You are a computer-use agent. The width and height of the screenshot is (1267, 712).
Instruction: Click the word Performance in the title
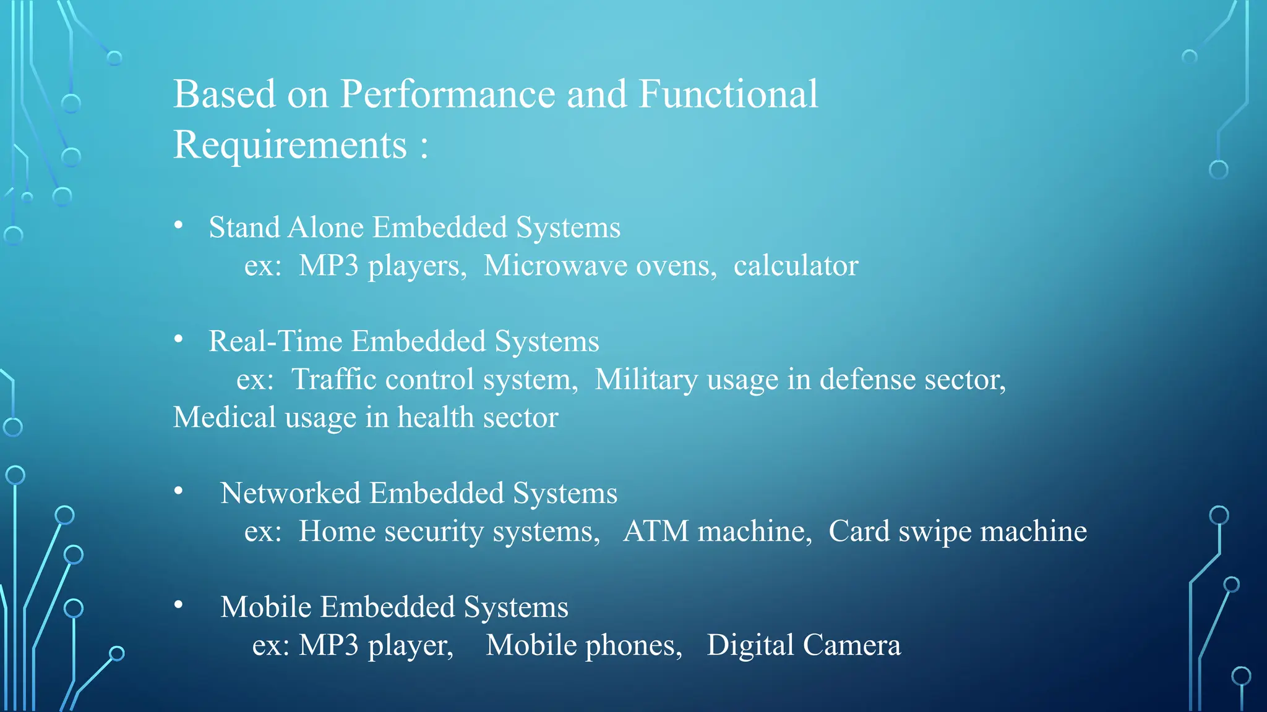[x=447, y=95]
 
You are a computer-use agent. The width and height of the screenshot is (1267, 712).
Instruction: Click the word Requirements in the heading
[x=290, y=145]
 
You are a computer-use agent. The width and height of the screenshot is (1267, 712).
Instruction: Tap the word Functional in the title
[x=728, y=95]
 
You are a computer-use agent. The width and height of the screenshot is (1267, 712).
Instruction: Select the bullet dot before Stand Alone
[x=179, y=226]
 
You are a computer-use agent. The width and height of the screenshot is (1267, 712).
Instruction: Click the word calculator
[x=796, y=266]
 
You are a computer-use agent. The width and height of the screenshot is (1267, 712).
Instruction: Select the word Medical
[x=225, y=417]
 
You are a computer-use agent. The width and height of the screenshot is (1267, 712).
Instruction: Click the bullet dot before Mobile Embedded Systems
[x=179, y=605]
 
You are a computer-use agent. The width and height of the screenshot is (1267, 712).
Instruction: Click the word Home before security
[x=337, y=532]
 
